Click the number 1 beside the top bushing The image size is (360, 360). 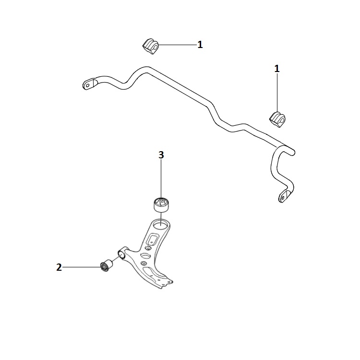coord(200,45)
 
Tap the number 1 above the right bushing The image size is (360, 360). coord(276,69)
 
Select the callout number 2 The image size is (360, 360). coord(59,267)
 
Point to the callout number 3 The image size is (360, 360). coord(161,155)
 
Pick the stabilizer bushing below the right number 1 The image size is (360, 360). coord(276,118)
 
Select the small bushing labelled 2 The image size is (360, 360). coord(106,265)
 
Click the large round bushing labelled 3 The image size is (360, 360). coord(162,204)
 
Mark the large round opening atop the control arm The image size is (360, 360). coord(161,224)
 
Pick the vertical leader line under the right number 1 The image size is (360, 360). coord(277,91)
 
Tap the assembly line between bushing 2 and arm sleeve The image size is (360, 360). coord(114,259)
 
